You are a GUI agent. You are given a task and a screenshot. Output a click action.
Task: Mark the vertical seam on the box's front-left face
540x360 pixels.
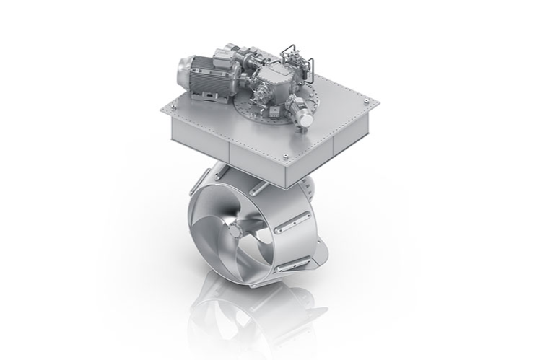[x=228, y=151]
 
